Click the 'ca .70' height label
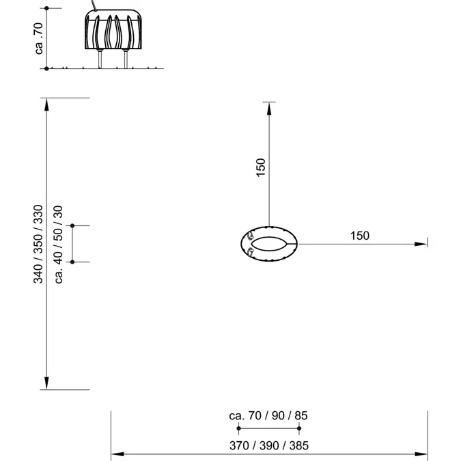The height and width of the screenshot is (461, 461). point(39,38)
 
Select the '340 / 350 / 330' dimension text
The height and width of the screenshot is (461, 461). point(38,244)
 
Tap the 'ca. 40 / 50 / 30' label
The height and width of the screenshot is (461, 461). point(59,245)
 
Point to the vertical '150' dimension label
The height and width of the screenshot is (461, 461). point(261,167)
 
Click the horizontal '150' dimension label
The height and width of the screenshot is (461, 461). point(359,236)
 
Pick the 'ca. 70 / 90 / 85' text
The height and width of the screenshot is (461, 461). point(268,416)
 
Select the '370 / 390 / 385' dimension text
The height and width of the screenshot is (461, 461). point(269,446)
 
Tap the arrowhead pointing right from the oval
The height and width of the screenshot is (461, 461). point(421,244)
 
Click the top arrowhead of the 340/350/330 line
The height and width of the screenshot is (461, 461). point(46,104)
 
